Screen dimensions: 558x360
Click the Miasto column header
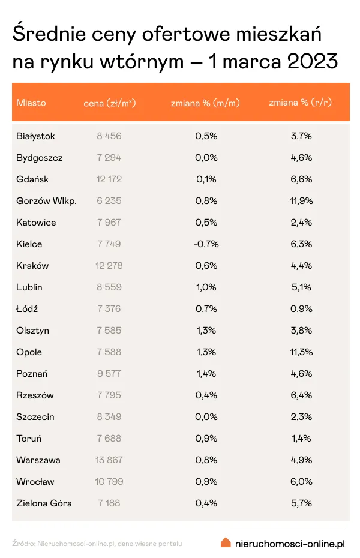pyautogui.click(x=31, y=103)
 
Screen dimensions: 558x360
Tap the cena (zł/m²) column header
pyautogui.click(x=110, y=103)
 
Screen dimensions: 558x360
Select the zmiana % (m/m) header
pyautogui.click(x=206, y=103)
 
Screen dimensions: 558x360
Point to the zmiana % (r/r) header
pyautogui.click(x=301, y=103)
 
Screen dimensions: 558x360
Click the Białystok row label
pyautogui.click(x=36, y=136)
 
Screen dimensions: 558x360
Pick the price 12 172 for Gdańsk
pyautogui.click(x=109, y=179)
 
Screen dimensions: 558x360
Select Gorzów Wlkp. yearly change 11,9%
pyautogui.click(x=301, y=201)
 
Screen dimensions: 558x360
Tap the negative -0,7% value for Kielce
pyautogui.click(x=206, y=244)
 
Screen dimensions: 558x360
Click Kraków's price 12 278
pyautogui.click(x=109, y=266)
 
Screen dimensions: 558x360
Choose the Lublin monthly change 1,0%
pyautogui.click(x=206, y=287)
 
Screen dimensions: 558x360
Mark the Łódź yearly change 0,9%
pyautogui.click(x=301, y=309)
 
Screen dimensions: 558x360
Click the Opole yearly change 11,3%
pyautogui.click(x=301, y=352)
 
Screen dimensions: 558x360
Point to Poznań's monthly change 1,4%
pyautogui.click(x=206, y=374)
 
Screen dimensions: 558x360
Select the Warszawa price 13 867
pyautogui.click(x=109, y=460)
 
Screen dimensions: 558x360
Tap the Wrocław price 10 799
pyautogui.click(x=109, y=482)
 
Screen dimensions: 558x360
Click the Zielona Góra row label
pyautogui.click(x=44, y=503)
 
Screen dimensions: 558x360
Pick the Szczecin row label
pyautogui.click(x=35, y=417)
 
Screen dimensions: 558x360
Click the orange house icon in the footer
pyautogui.click(x=226, y=542)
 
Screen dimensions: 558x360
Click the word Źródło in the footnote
pyautogui.click(x=23, y=544)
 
